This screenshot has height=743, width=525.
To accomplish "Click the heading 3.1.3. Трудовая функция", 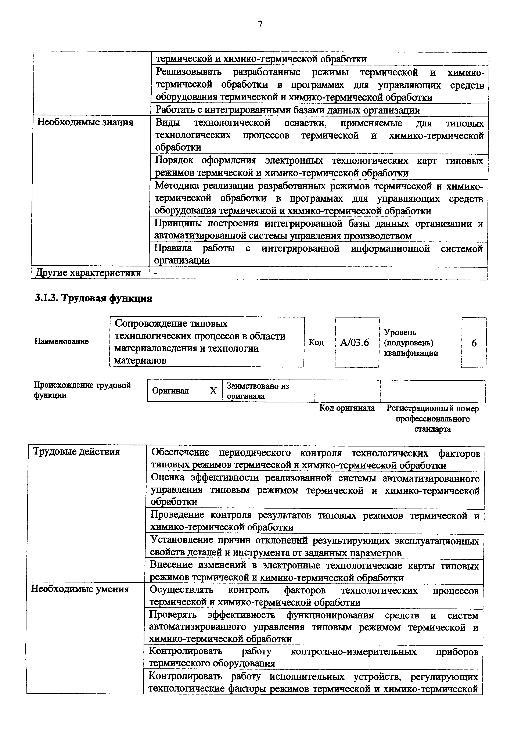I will (x=93, y=298).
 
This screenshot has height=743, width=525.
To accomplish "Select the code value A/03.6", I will (x=354, y=342).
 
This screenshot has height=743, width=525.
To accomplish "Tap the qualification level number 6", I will (x=474, y=343).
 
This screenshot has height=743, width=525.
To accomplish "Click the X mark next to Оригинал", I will (x=213, y=391).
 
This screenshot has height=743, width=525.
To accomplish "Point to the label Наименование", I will (x=61, y=341).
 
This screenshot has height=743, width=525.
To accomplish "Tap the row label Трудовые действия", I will (x=77, y=452).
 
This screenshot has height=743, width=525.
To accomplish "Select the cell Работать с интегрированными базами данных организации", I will (x=288, y=110).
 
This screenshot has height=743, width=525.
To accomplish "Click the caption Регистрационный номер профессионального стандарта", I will (x=432, y=419).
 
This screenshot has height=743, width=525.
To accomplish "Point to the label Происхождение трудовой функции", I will (x=82, y=390).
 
